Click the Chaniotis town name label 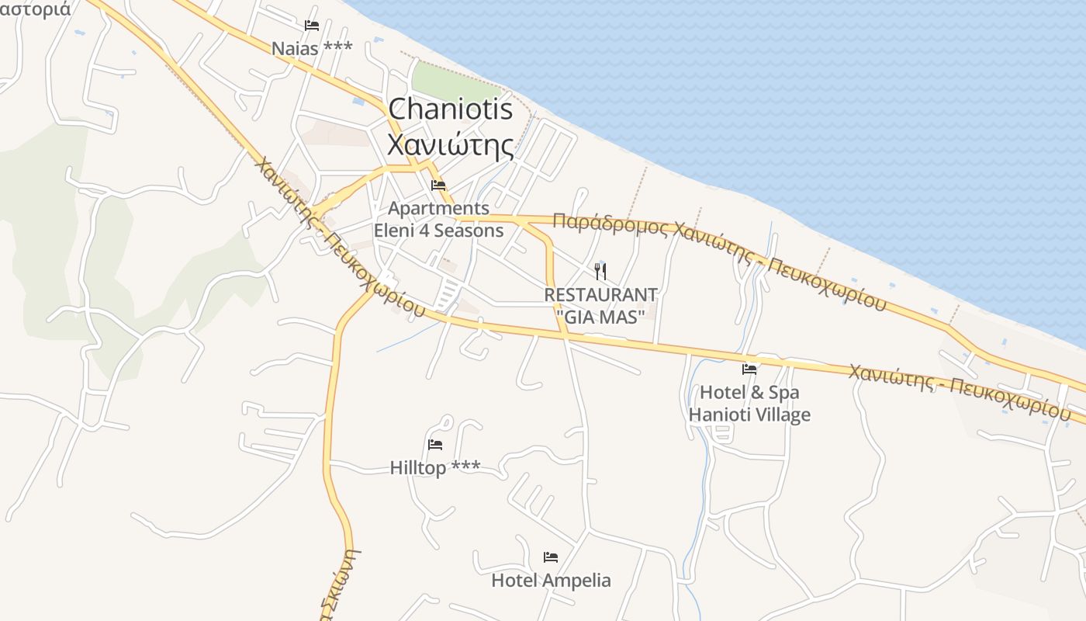450,109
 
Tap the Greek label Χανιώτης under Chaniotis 450,145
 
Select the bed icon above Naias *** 312,26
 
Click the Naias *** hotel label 312,48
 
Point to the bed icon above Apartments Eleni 438,186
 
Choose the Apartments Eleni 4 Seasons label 439,220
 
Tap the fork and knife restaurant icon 600,271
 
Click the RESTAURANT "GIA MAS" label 600,306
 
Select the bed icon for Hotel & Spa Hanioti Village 749,369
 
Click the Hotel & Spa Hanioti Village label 749,404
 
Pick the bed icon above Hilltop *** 435,445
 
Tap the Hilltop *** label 435,467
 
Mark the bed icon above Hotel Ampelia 551,557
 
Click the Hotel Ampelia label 551,581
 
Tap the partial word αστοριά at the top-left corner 35,9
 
